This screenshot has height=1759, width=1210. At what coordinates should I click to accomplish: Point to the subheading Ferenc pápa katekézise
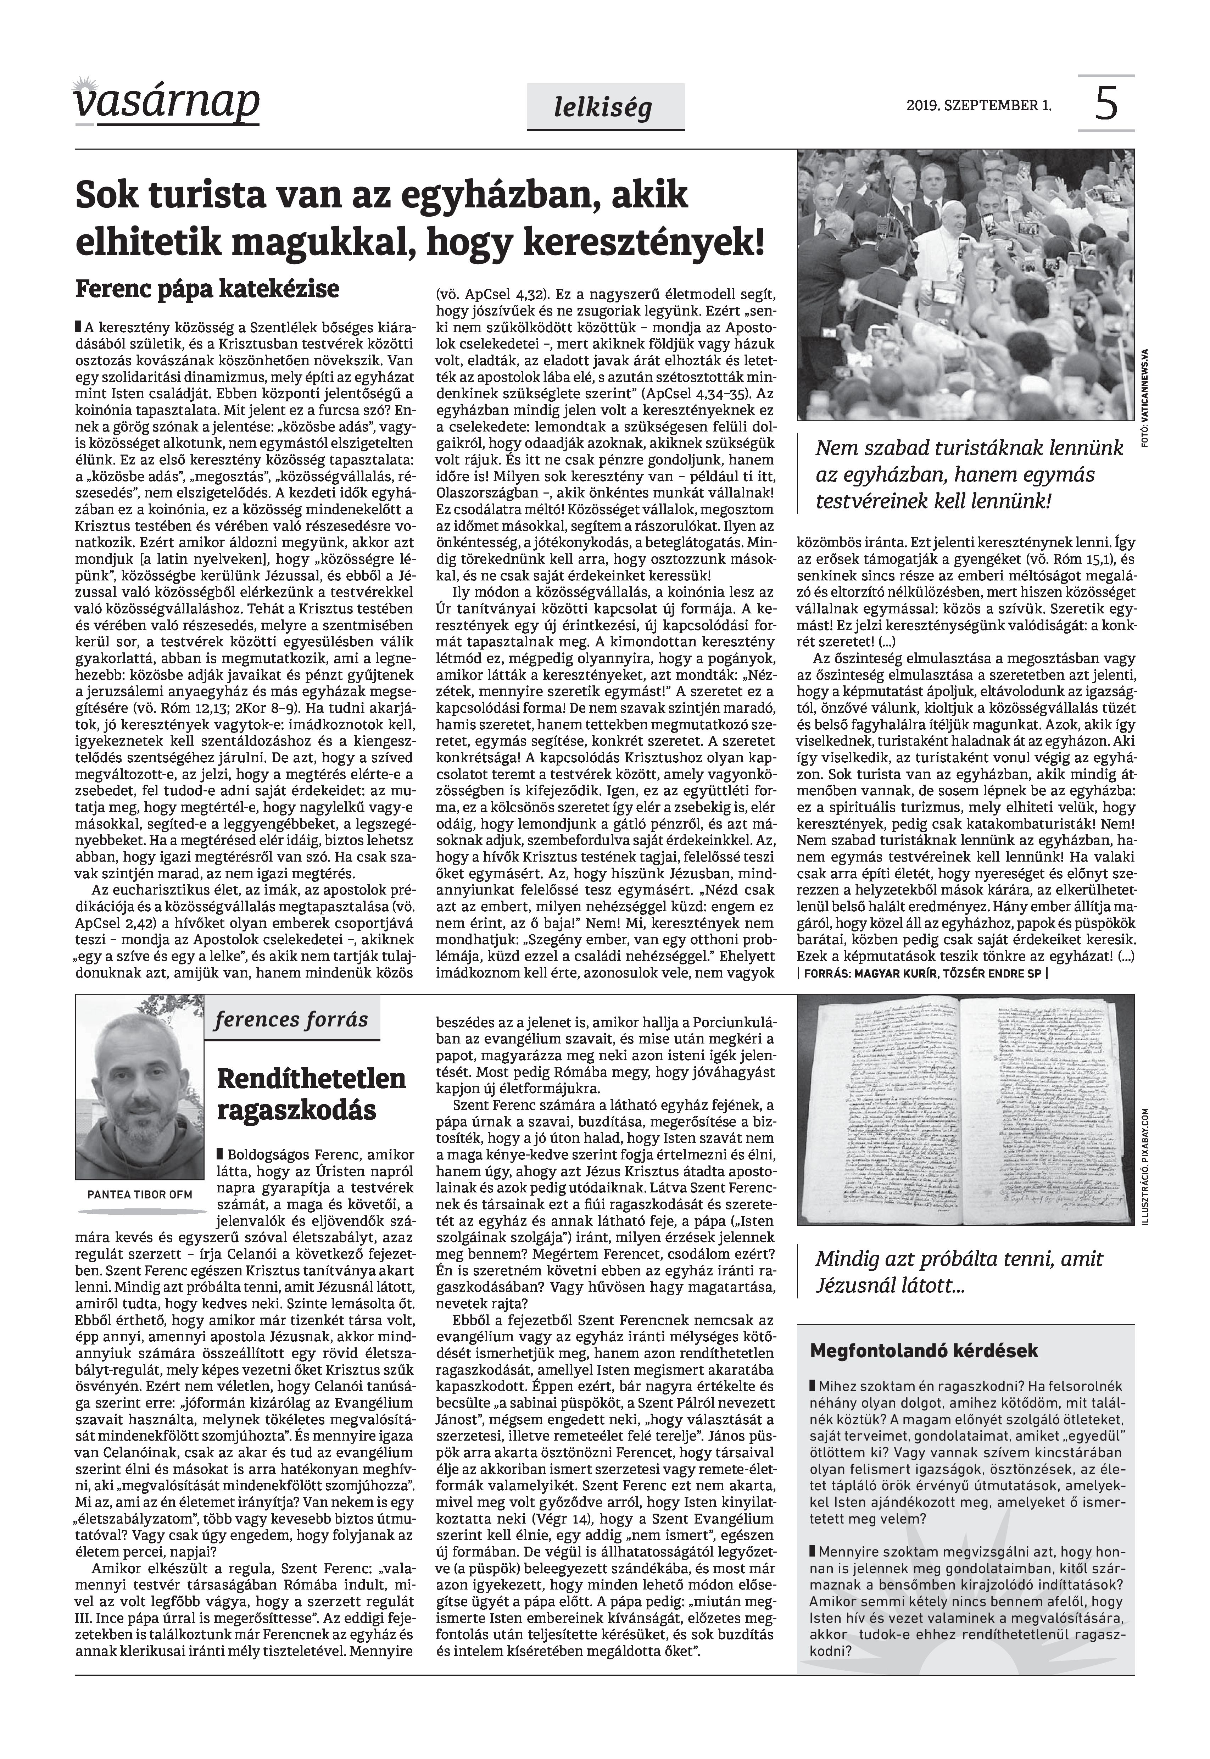(x=207, y=290)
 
